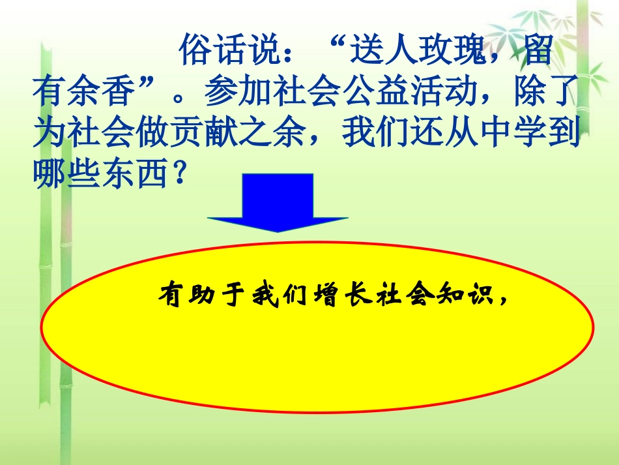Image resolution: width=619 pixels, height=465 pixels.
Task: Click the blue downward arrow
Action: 278,202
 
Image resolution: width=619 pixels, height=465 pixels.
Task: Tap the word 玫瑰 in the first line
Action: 452,50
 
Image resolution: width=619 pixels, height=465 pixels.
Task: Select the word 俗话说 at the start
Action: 230,50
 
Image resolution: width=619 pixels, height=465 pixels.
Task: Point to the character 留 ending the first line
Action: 538,50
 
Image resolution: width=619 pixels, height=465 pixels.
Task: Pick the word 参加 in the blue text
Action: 238,91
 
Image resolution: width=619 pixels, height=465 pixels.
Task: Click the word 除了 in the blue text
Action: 547,91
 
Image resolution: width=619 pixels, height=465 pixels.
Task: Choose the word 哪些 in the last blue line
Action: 66,172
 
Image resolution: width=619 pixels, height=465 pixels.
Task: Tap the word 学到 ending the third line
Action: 547,131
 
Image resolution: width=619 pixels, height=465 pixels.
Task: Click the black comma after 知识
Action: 503,301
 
